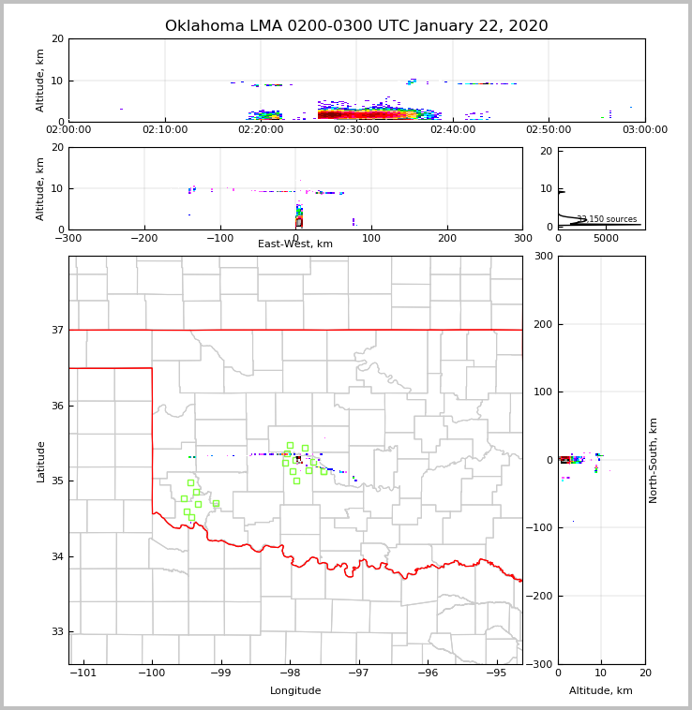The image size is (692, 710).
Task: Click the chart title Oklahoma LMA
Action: [x=356, y=26]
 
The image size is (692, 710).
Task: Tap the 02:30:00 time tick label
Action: [x=356, y=130]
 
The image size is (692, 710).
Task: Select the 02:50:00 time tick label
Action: [x=549, y=130]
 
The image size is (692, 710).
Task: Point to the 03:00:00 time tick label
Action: [x=645, y=130]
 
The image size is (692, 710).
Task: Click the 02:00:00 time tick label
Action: [x=68, y=130]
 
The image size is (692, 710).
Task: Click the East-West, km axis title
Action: [x=295, y=244]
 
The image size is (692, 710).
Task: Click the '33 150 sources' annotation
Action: [x=607, y=219]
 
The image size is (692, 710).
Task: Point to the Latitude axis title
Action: [x=40, y=461]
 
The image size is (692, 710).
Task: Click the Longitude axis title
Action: [x=295, y=691]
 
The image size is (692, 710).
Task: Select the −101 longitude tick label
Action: [x=83, y=673]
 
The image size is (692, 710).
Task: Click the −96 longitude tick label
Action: [x=427, y=673]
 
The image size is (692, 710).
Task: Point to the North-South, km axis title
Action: [x=654, y=460]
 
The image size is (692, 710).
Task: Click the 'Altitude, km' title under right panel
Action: [x=601, y=691]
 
